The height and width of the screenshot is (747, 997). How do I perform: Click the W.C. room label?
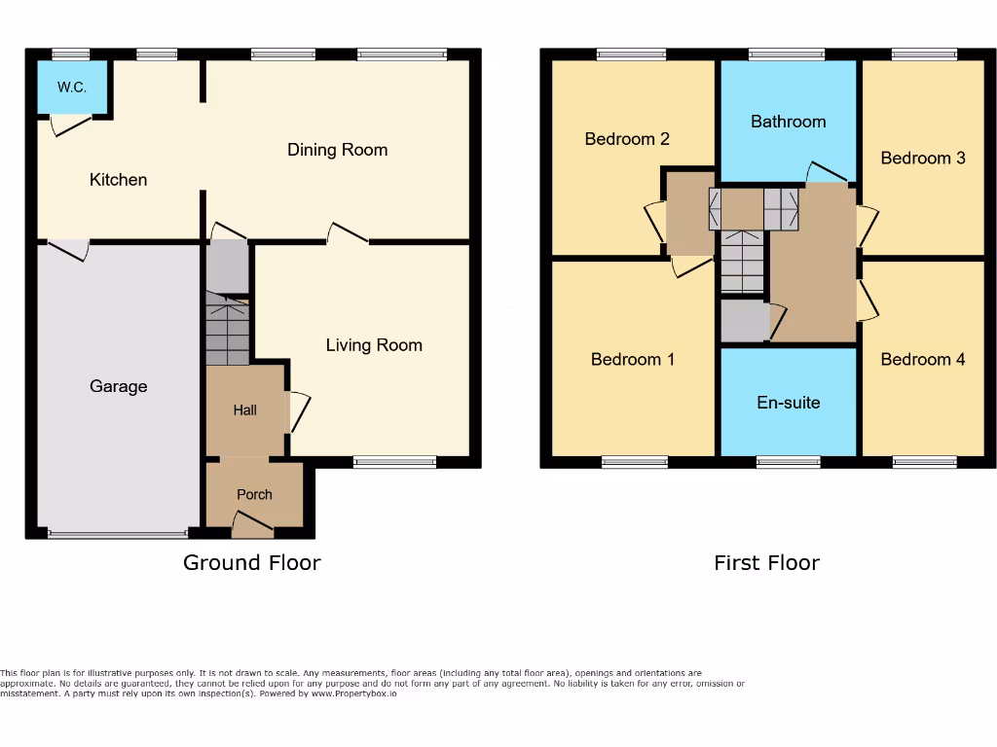(x=71, y=88)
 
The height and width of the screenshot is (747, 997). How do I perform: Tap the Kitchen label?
(x=118, y=180)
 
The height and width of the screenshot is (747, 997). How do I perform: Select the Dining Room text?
(x=337, y=150)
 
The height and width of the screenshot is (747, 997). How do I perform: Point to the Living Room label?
(x=374, y=345)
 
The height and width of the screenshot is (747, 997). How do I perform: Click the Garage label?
(x=118, y=387)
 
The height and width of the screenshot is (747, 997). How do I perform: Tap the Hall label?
(x=244, y=410)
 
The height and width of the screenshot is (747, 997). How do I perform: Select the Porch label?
(x=254, y=495)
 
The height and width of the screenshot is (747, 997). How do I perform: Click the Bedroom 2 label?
(x=626, y=139)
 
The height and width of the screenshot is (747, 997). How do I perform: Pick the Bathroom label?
(x=788, y=122)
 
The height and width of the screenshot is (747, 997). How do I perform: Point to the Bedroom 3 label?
(x=922, y=158)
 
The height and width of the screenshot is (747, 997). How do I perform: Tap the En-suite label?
(x=788, y=403)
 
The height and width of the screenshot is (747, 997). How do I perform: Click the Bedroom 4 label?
(x=922, y=360)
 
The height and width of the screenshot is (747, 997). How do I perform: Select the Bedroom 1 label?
(x=632, y=360)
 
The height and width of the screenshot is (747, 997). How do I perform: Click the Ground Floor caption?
(x=251, y=562)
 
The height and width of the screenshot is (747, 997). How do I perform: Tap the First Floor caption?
(x=766, y=562)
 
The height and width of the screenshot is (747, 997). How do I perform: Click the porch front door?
(x=252, y=528)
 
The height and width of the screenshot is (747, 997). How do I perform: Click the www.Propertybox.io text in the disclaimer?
(x=354, y=694)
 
